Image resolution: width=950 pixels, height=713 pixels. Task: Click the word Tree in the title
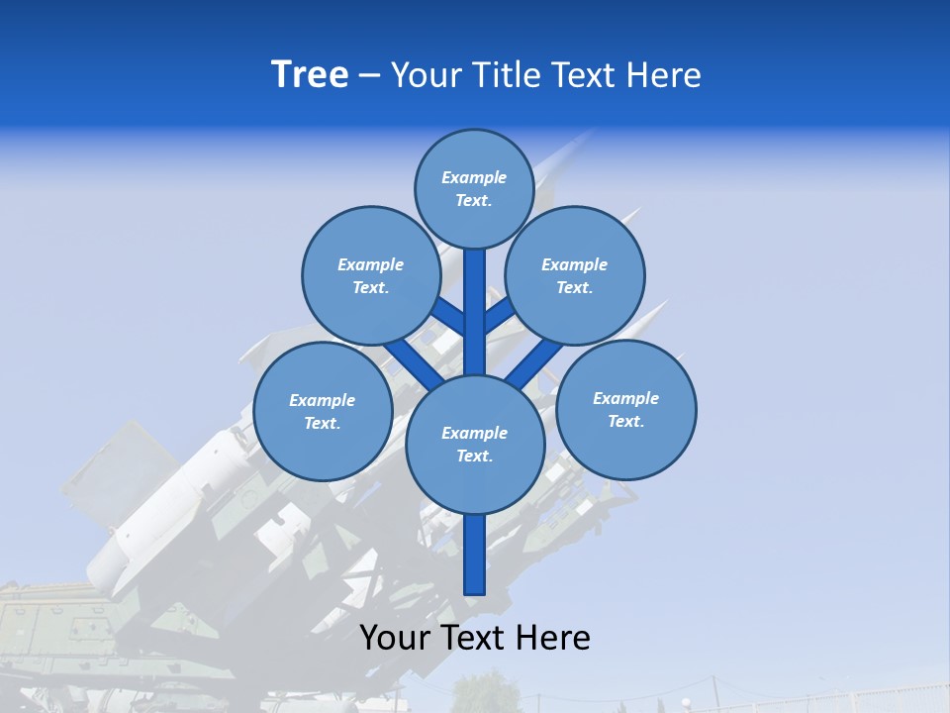(310, 75)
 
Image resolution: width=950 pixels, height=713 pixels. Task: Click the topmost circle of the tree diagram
(474, 188)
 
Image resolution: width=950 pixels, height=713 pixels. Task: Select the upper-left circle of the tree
(371, 275)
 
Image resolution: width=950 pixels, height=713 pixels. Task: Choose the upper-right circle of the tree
(575, 275)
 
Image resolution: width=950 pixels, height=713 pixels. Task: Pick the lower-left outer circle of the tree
(323, 411)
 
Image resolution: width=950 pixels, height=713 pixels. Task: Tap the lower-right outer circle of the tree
(625, 409)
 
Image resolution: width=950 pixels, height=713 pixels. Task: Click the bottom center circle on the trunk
(475, 444)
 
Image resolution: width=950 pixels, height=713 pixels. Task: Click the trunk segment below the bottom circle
(475, 555)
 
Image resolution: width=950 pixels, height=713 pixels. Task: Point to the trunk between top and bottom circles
(475, 312)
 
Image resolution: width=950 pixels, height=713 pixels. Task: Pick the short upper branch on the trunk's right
(500, 314)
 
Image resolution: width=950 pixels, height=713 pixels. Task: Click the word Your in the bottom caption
(396, 637)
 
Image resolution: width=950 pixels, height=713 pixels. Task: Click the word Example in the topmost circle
(474, 177)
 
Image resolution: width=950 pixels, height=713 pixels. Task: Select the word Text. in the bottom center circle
(474, 456)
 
